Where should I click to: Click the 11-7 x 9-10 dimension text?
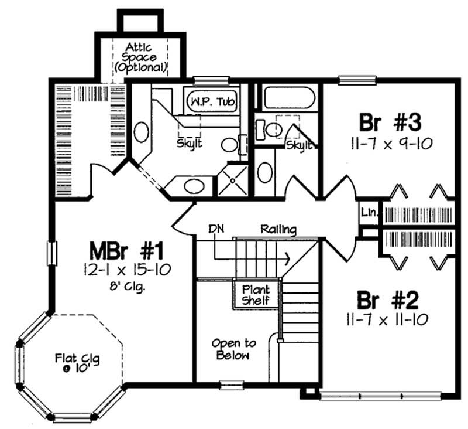click(390, 143)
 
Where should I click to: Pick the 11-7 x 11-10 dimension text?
click(388, 319)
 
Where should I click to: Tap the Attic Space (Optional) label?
click(140, 57)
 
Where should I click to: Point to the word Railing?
click(278, 229)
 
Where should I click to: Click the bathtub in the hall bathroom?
click(290, 97)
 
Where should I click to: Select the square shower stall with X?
click(232, 181)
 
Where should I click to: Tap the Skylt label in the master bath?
click(190, 143)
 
